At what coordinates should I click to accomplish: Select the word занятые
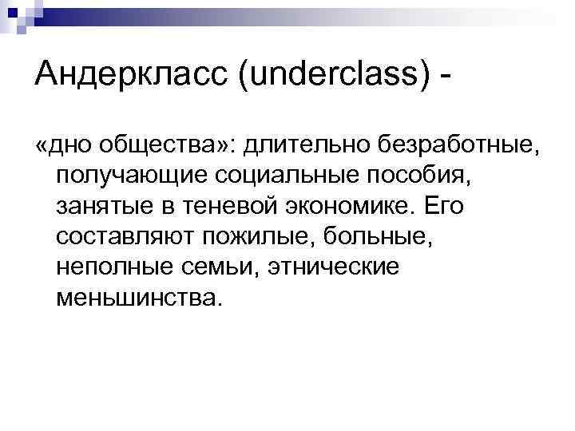click(104, 207)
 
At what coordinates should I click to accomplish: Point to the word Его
click(443, 207)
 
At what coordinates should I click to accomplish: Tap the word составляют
click(125, 237)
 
